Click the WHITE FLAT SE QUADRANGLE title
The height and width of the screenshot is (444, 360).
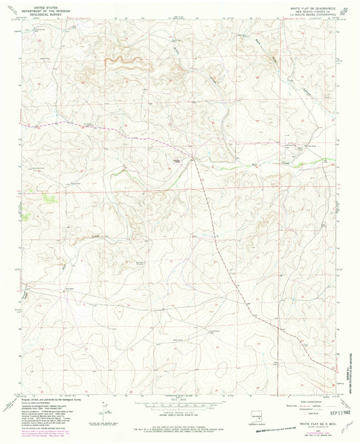pyautogui.click(x=307, y=6)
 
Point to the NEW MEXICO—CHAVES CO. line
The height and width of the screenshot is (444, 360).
pyautogui.click(x=308, y=9)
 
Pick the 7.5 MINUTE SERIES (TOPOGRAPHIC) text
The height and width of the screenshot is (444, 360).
pyautogui.click(x=308, y=13)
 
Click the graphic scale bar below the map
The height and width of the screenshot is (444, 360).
pyautogui.click(x=179, y=404)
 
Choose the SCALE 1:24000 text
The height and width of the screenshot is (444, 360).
pyautogui.click(x=179, y=398)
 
